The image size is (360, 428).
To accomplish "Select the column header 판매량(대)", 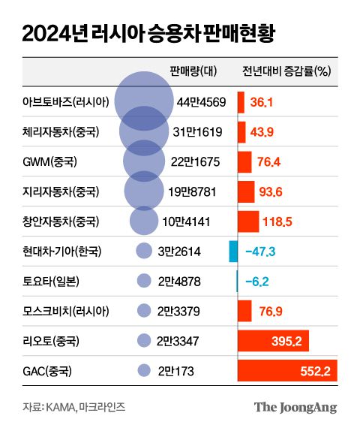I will click(193, 72).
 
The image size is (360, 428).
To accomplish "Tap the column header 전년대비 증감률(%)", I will click(286, 72).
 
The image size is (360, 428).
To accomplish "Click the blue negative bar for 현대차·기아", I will click(233, 252).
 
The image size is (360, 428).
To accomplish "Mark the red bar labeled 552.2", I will click(287, 371).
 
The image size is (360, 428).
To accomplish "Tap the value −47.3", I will click(259, 252).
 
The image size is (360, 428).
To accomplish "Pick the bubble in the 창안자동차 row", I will click(144, 222).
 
